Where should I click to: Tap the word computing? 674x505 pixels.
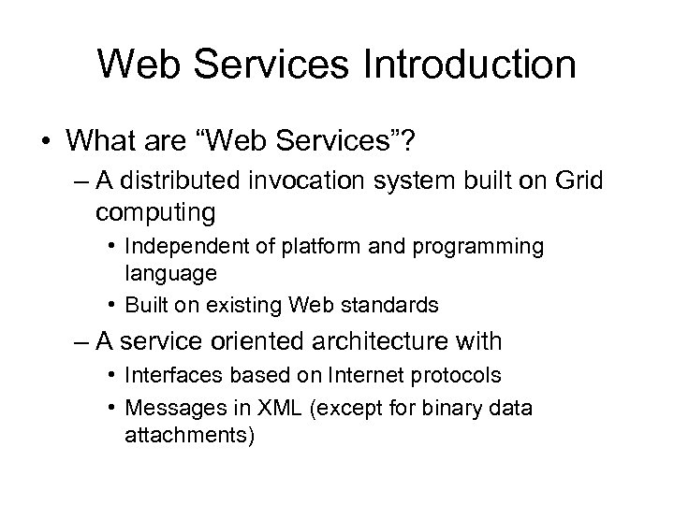point(155,213)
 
